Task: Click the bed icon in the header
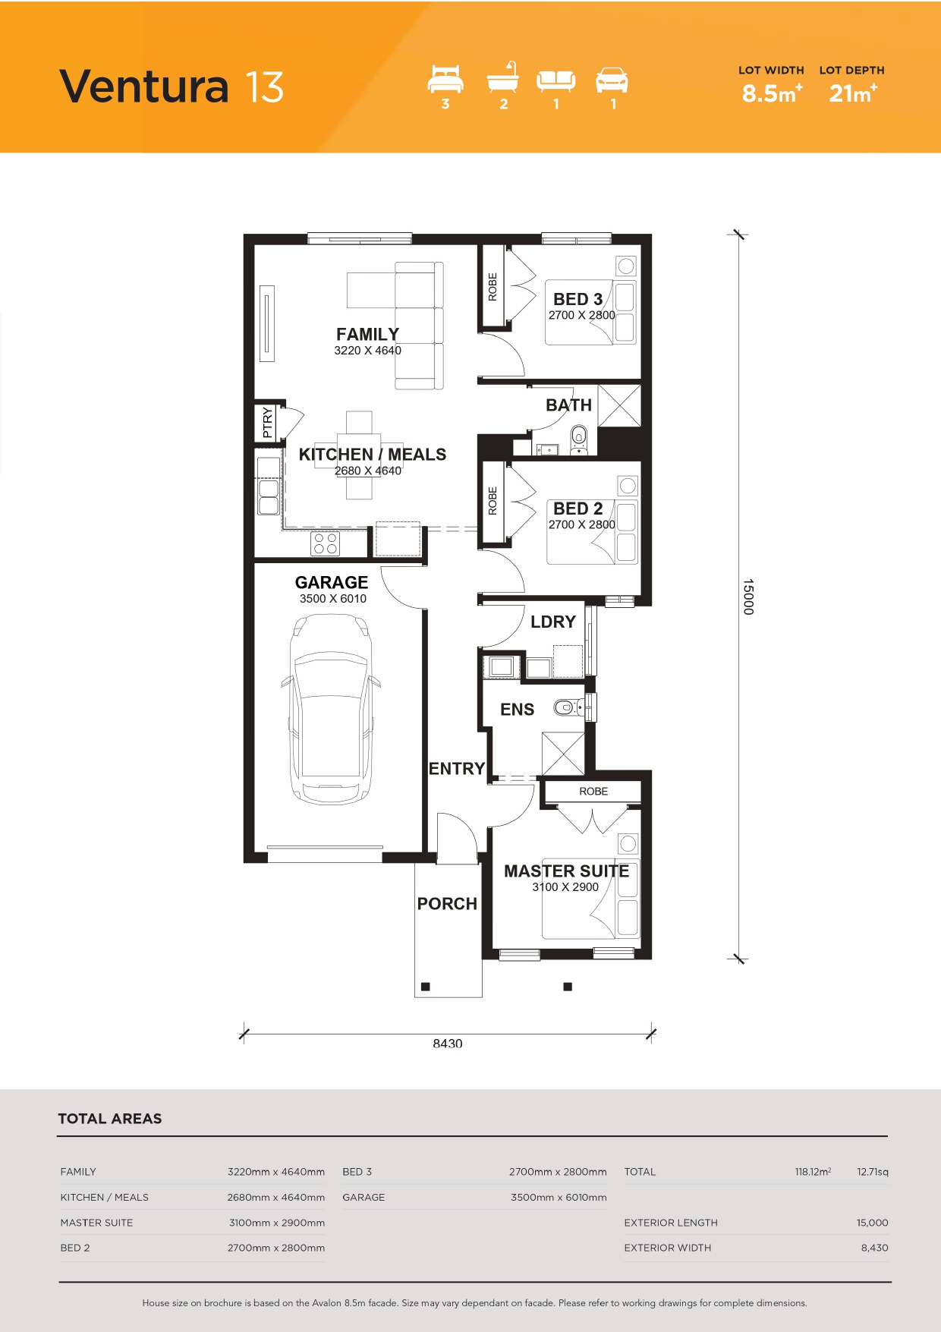(x=445, y=79)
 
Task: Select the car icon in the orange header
(x=612, y=80)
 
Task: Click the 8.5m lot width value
(x=772, y=93)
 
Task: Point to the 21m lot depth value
(x=853, y=93)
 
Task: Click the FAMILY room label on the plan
(x=367, y=334)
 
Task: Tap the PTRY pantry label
(x=267, y=423)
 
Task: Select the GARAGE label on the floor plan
(x=332, y=582)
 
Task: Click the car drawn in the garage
(x=331, y=709)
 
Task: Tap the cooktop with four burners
(x=326, y=543)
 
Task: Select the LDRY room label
(x=553, y=622)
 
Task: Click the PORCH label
(x=447, y=904)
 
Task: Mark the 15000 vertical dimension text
(x=748, y=597)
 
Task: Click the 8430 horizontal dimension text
(x=448, y=1044)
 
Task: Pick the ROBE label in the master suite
(x=593, y=791)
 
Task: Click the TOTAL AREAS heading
(x=110, y=1118)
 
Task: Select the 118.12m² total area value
(x=813, y=1171)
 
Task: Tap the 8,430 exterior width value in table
(x=874, y=1247)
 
